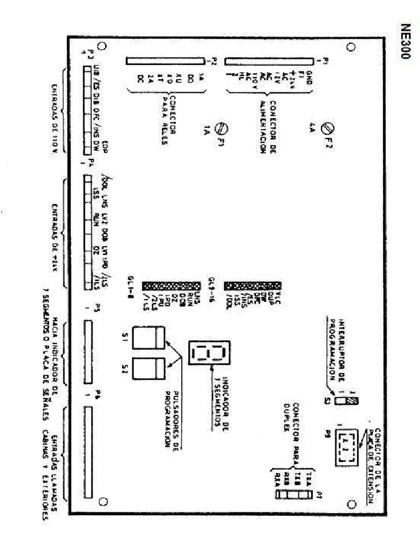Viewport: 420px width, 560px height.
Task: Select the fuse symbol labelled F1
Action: coord(222,129)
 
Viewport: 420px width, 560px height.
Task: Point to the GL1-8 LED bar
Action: coord(170,286)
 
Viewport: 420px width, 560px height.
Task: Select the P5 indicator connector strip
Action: coord(89,353)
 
